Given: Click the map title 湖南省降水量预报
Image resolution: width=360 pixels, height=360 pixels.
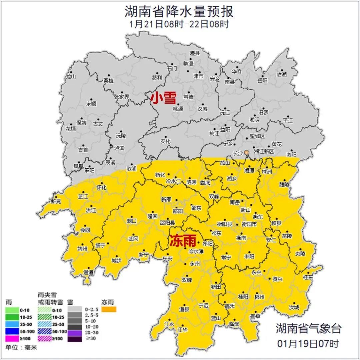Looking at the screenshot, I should click(179, 12).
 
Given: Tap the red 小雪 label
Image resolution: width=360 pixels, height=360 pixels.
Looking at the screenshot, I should click(163, 98).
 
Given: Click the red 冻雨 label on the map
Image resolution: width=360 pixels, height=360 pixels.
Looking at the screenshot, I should click(181, 241).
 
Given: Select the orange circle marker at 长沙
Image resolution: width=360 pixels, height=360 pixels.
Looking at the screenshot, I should click(247, 153).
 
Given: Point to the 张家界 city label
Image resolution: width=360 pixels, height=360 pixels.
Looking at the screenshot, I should click(122, 97).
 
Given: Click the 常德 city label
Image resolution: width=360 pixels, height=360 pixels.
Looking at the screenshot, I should click(188, 97).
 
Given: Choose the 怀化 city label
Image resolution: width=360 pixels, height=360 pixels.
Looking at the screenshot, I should click(101, 187).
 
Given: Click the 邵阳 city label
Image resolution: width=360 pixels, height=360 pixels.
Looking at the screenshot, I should click(178, 211).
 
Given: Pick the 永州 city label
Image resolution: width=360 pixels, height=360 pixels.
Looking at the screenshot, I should click(195, 263).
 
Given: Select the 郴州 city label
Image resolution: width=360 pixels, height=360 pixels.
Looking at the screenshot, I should click(259, 297).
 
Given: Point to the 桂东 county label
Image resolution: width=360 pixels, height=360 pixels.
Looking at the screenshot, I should click(308, 277).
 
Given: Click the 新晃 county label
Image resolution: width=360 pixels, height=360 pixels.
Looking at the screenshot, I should click(56, 201).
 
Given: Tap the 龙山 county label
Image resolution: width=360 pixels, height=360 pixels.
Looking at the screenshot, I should click(71, 76).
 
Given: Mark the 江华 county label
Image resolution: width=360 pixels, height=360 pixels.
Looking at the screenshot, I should click(182, 329).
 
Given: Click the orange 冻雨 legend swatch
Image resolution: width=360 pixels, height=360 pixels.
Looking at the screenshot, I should click(109, 310).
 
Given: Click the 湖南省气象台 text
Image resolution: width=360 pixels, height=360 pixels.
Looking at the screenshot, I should click(309, 328).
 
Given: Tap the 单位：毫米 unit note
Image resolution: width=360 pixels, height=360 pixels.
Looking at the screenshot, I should click(21, 348).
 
